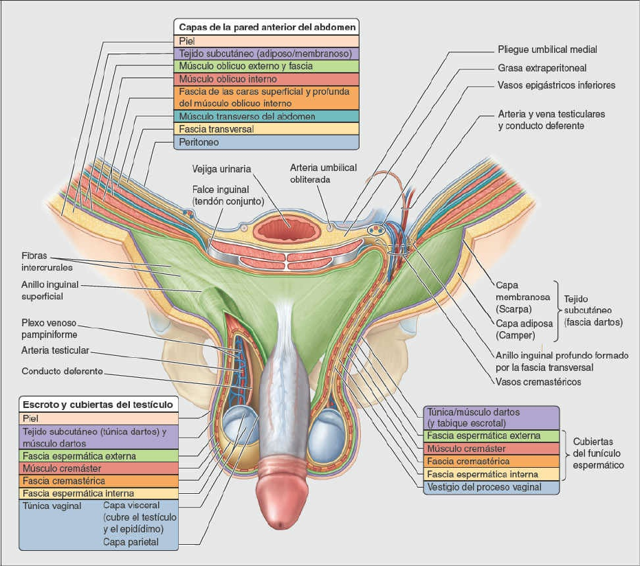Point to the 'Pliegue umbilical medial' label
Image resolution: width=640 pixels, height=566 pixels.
(547, 50)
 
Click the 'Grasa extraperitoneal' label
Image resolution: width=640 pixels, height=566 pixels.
(542, 68)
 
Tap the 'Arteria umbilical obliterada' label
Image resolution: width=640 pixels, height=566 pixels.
(320, 173)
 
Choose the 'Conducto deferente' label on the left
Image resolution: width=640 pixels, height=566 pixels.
(62, 372)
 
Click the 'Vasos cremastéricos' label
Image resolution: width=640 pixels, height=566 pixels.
(538, 381)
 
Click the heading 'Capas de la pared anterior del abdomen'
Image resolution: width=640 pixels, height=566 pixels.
(267, 27)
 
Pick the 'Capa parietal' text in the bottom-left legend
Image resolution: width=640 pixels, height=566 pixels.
(131, 542)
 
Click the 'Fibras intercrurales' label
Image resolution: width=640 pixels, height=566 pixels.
(43, 261)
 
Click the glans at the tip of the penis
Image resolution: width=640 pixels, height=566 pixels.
(285, 506)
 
